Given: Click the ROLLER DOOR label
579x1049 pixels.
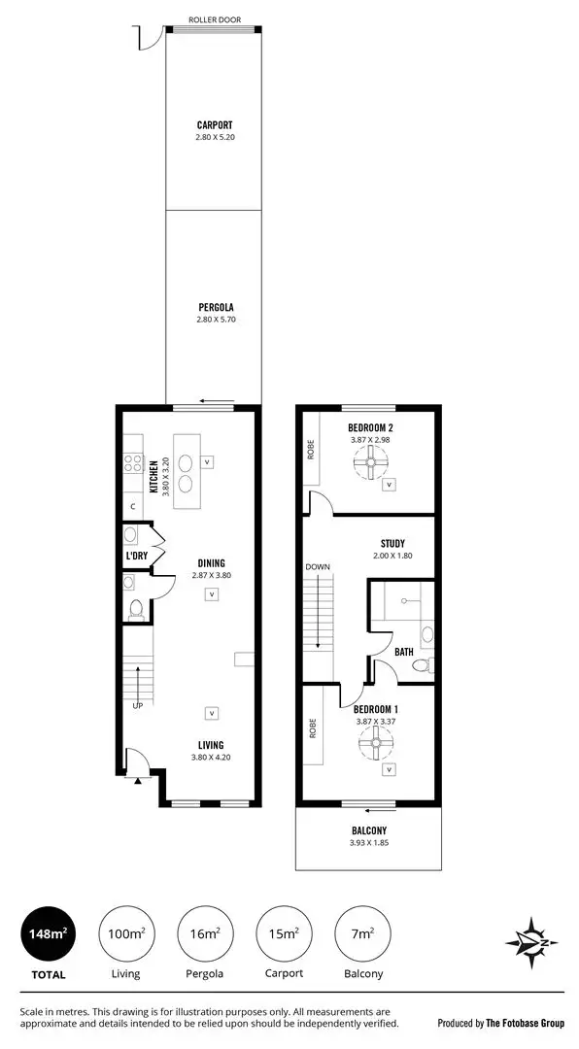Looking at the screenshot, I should coord(214,19).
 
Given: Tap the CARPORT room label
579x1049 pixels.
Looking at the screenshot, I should coord(214,125).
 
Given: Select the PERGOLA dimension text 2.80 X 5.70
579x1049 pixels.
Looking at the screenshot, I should coord(214,319).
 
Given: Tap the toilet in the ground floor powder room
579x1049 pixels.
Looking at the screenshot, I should coord(135,610).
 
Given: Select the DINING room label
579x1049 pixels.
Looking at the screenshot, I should coord(211,563).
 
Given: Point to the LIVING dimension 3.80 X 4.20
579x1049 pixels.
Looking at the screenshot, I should coord(211,757).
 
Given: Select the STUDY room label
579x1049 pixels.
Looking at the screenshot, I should coord(392,544).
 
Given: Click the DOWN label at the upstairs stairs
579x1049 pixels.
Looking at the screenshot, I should coord(319,567).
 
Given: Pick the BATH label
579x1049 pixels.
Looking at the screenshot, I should coord(404,652).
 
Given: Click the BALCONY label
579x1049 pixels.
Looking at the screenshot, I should coord(368,830).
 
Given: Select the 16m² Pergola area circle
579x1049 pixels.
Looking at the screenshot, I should coord(205,933).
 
